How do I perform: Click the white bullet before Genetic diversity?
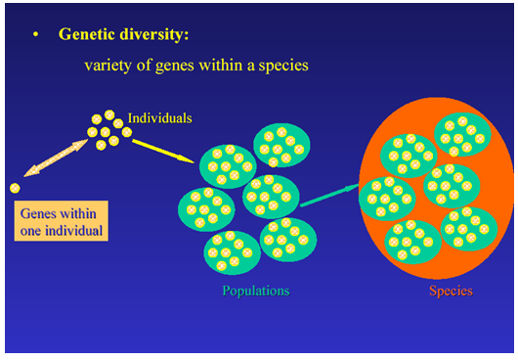tap(36, 34)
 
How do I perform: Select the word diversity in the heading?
tap(152, 33)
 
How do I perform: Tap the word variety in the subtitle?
tap(108, 67)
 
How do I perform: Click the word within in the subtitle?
tap(225, 67)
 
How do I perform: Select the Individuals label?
tap(159, 118)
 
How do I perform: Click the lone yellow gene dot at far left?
tap(15, 188)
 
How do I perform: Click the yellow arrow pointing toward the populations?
tap(160, 148)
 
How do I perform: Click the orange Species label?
tap(451, 291)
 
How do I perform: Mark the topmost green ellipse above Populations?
tap(281, 145)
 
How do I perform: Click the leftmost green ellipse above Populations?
tap(206, 207)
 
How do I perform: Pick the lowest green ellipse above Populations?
tap(232, 251)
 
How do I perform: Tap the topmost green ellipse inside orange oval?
tap(461, 136)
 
